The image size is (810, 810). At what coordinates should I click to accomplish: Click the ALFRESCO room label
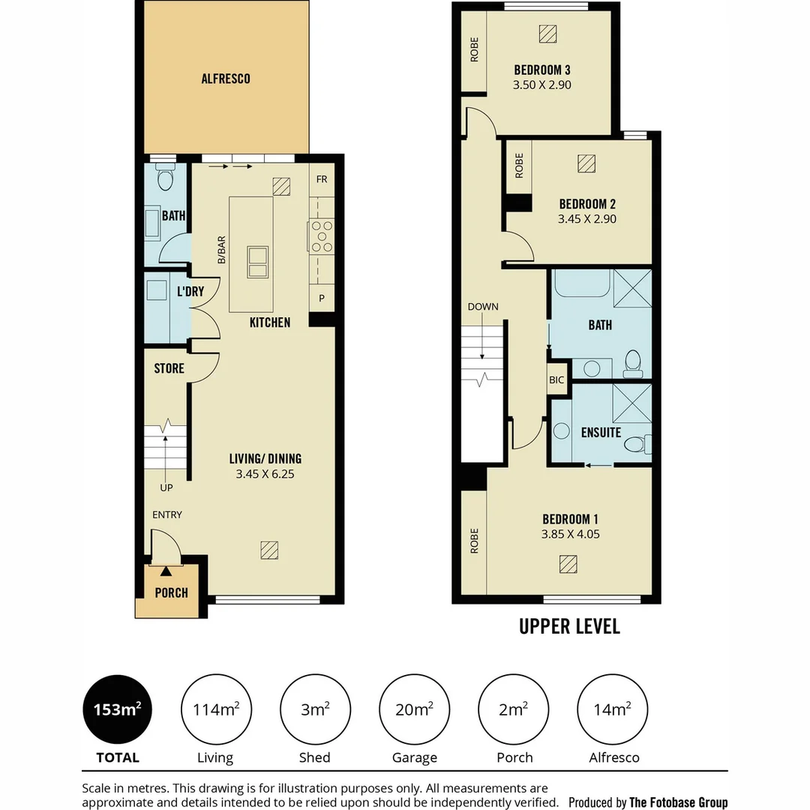pyautogui.click(x=226, y=79)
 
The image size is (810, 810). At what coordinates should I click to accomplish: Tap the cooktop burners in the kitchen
pyautogui.click(x=321, y=236)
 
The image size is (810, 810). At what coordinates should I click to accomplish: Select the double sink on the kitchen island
pyautogui.click(x=257, y=262)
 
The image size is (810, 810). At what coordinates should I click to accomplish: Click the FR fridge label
pyautogui.click(x=322, y=179)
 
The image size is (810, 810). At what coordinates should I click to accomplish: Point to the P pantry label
pyautogui.click(x=322, y=298)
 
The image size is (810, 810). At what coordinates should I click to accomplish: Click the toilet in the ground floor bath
pyautogui.click(x=165, y=177)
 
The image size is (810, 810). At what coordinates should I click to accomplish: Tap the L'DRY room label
pyautogui.click(x=190, y=291)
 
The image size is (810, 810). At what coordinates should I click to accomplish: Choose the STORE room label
pyautogui.click(x=169, y=368)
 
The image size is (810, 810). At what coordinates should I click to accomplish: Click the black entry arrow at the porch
pyautogui.click(x=166, y=571)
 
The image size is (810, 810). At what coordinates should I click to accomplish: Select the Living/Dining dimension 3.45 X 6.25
pyautogui.click(x=265, y=474)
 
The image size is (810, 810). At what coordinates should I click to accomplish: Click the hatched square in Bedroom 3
pyautogui.click(x=547, y=34)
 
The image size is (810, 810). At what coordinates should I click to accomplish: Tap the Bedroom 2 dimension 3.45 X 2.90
pyautogui.click(x=586, y=219)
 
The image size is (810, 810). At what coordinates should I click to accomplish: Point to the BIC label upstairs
pyautogui.click(x=556, y=380)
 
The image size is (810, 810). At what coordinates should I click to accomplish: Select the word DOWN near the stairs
pyautogui.click(x=483, y=307)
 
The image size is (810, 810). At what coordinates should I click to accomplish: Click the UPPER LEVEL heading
pyautogui.click(x=569, y=626)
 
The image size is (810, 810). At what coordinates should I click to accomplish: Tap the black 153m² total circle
pyautogui.click(x=117, y=709)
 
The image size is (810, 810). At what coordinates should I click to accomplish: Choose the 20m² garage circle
pyautogui.click(x=414, y=709)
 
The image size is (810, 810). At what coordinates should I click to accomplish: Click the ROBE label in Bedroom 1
pyautogui.click(x=474, y=541)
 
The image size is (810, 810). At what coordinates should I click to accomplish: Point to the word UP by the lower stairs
pyautogui.click(x=166, y=487)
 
